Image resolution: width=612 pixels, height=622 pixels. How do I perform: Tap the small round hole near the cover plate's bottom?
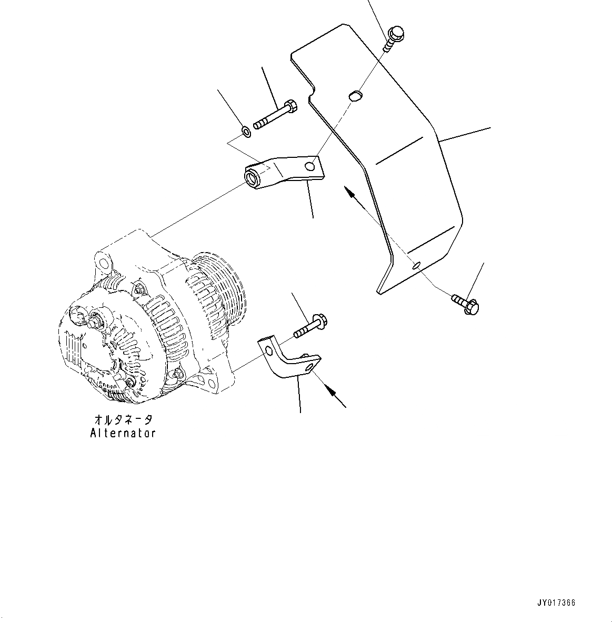416,265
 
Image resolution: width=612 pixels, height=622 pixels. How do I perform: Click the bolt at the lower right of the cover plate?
465,304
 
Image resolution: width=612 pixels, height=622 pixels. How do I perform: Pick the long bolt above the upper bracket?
275,115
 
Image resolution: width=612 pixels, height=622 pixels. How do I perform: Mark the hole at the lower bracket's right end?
313,366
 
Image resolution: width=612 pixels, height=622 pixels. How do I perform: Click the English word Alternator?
123,433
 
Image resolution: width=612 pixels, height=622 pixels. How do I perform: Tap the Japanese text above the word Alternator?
123,419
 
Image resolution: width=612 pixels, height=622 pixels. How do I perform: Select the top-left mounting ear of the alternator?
103,262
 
